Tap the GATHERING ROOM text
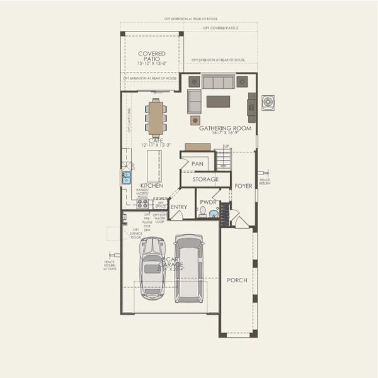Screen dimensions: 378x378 [x=225, y=128]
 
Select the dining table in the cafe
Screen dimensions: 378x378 [x=156, y=118]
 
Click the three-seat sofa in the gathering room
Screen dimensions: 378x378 [x=218, y=82]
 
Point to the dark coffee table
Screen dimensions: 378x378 [x=218, y=101]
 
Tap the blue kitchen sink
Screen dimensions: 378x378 [x=127, y=177]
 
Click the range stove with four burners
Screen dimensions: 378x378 [x=143, y=203]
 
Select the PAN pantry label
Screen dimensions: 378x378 [x=197, y=163]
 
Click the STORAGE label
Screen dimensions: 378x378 [x=205, y=180]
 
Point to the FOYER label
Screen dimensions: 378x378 [x=244, y=186]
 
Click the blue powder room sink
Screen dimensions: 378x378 [x=214, y=214]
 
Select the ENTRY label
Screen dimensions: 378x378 [x=178, y=207]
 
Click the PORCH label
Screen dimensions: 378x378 [x=237, y=280]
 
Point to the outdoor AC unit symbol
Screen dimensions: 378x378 [x=268, y=102]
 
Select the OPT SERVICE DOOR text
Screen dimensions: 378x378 [x=135, y=234]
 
